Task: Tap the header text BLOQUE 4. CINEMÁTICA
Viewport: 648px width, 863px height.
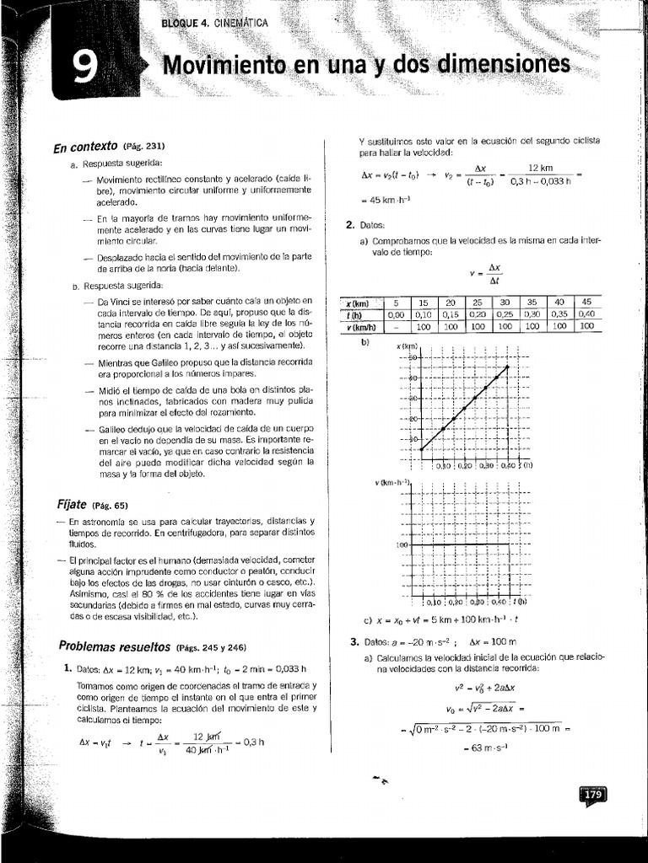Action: [214, 23]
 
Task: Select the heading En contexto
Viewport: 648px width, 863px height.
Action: [84, 147]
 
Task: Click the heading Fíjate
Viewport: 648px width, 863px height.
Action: [71, 504]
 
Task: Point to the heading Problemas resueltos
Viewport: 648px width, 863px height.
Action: [114, 646]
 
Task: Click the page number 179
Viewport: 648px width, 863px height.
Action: [592, 795]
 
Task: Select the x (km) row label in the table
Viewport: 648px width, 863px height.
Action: [359, 303]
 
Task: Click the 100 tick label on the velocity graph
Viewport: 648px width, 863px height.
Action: [402, 545]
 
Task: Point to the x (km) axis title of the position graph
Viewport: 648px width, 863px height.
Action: [408, 346]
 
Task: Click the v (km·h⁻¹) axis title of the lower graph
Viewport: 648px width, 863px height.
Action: [392, 482]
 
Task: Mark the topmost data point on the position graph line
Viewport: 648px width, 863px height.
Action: [507, 366]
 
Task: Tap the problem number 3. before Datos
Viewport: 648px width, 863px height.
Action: [354, 641]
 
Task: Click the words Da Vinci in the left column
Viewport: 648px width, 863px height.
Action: [116, 301]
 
